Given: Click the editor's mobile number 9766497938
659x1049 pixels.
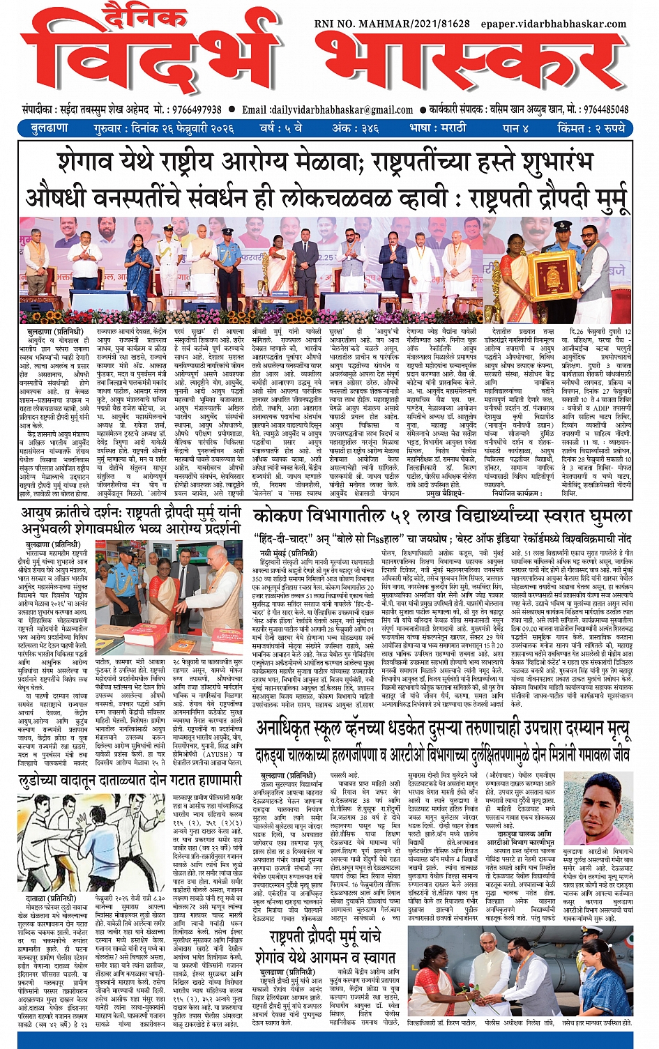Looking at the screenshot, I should tap(189, 109).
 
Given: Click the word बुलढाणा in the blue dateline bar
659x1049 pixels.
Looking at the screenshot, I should tap(50, 128).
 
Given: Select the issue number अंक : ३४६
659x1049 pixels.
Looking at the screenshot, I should tap(355, 128).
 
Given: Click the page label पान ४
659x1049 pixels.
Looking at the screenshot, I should tap(515, 128).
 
